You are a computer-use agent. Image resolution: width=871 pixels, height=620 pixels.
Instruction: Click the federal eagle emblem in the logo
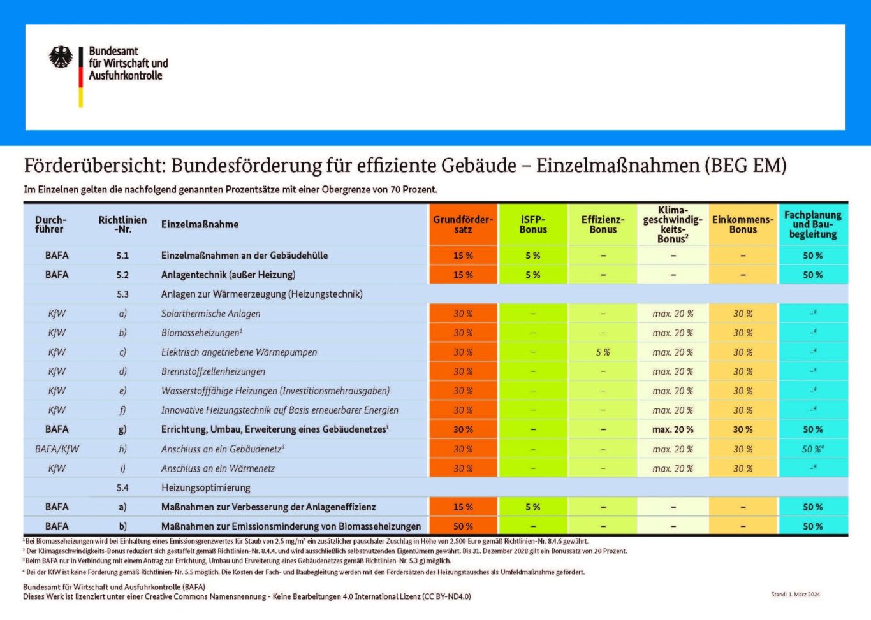pyautogui.click(x=61, y=57)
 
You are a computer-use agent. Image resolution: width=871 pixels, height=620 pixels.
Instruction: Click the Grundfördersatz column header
pyautogui.click(x=463, y=224)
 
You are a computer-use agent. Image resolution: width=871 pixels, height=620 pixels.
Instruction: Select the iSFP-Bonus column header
pyautogui.click(x=532, y=224)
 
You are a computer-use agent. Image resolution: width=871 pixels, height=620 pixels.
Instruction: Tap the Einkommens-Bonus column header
pyautogui.click(x=743, y=224)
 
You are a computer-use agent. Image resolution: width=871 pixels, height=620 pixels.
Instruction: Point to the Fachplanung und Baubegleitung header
pyautogui.click(x=813, y=224)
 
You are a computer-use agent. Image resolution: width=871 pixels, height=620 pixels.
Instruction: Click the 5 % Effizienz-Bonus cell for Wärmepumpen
pyautogui.click(x=603, y=352)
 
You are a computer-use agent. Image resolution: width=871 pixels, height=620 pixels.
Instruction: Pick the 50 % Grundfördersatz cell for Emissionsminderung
pyautogui.click(x=463, y=526)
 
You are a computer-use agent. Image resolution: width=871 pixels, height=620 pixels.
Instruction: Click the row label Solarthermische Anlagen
pyautogui.click(x=211, y=314)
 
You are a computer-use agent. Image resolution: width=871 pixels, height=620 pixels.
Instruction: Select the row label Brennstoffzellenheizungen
pyautogui.click(x=213, y=371)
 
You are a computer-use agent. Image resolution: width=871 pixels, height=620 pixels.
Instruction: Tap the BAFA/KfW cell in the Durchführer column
pyautogui.click(x=57, y=449)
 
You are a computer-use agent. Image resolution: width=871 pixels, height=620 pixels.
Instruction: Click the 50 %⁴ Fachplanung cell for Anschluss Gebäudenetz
pyautogui.click(x=813, y=449)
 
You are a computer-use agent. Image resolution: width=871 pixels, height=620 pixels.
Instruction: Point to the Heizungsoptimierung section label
pyautogui.click(x=206, y=488)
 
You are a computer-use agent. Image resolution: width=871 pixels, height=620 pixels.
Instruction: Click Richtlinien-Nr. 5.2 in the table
pyautogui.click(x=122, y=275)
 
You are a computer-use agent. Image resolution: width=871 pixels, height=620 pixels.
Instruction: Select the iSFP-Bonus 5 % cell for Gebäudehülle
pyautogui.click(x=532, y=256)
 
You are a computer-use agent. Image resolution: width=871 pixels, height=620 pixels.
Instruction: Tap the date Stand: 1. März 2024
pyautogui.click(x=795, y=595)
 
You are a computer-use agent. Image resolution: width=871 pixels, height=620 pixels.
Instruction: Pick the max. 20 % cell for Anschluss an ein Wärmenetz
pyautogui.click(x=673, y=468)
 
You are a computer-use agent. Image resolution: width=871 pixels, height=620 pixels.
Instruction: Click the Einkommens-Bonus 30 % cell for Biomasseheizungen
pyautogui.click(x=743, y=333)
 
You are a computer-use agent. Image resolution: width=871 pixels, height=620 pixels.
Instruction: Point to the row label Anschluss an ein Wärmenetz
pyautogui.click(x=218, y=468)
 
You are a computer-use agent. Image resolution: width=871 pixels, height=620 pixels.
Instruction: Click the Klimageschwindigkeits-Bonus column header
pyautogui.click(x=673, y=224)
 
